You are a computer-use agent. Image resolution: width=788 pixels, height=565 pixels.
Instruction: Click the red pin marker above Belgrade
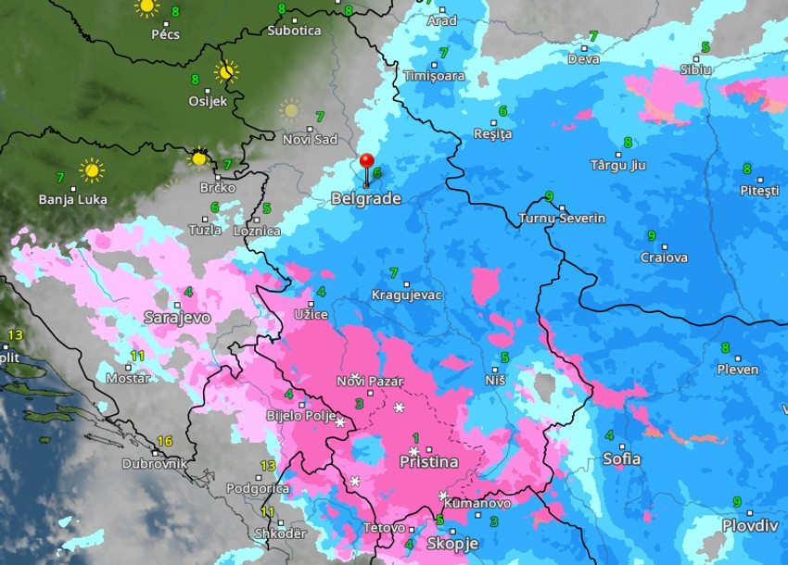point(366,164)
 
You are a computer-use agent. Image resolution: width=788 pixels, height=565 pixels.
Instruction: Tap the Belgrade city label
point(366,199)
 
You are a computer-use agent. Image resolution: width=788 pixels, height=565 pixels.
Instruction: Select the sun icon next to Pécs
point(146,7)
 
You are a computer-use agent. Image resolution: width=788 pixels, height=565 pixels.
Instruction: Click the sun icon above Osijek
point(225,71)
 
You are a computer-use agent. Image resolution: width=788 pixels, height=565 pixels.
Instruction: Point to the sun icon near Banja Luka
point(91,170)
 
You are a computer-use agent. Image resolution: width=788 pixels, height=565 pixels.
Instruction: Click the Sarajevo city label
point(177,318)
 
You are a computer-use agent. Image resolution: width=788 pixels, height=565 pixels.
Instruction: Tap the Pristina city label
point(428,461)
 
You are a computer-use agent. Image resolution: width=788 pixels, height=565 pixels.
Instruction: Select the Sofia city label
point(621,458)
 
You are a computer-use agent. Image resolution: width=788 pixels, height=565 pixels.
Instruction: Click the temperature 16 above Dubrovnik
point(165,442)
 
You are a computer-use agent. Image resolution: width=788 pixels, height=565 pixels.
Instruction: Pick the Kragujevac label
point(407,295)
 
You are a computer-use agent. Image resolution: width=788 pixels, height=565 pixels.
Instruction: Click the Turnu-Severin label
point(561,219)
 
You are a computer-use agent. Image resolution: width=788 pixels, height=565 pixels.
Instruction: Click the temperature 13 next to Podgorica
point(268,466)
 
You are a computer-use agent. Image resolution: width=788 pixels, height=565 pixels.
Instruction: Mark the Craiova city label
point(664,257)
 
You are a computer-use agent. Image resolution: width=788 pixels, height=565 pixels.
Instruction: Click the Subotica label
point(294,31)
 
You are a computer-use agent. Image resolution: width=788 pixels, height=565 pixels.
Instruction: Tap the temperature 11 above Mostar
point(137,356)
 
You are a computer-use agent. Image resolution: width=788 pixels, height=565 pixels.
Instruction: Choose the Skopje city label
point(452,544)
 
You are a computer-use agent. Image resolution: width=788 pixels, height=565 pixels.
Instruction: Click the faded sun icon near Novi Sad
point(291,109)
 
